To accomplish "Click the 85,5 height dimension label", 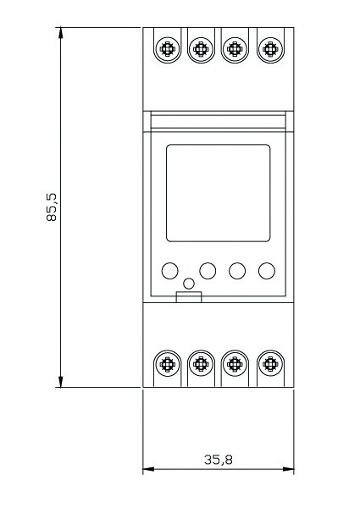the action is [51, 207].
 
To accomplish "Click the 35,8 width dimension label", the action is [218, 460].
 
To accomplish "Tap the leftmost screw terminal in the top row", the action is [167, 49].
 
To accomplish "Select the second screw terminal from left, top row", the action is [201, 49].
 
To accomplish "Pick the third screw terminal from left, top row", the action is [235, 49].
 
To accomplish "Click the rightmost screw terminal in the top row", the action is [270, 49].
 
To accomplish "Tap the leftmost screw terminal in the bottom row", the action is [167, 364].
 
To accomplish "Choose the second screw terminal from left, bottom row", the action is [201, 364].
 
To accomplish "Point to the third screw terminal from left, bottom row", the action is [235, 364].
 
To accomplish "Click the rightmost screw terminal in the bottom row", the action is [270, 364].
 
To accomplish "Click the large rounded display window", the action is [218, 193].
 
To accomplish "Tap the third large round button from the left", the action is [237, 271].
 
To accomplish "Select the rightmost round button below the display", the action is [267, 271].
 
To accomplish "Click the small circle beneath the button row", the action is [189, 284].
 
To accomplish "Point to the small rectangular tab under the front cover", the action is [189, 297].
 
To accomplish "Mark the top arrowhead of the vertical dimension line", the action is [61, 33].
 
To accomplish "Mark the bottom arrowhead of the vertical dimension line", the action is [61, 382].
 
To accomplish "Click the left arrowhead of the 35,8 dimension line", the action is [148, 469].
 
